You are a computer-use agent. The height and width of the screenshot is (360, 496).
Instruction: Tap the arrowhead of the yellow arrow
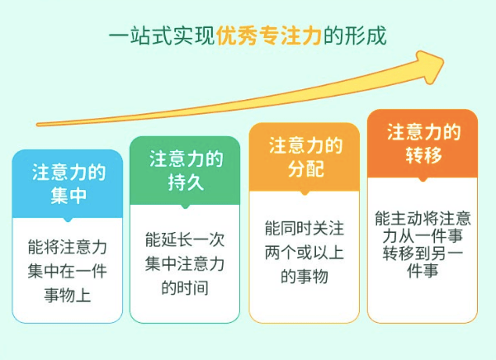[431, 67]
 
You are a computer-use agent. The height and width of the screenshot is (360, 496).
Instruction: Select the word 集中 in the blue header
[68, 196]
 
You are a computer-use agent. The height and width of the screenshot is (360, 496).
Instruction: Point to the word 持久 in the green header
[186, 182]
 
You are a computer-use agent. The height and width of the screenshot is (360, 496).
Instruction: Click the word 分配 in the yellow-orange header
[305, 168]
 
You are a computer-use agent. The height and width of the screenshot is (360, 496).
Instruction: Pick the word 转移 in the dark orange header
[423, 155]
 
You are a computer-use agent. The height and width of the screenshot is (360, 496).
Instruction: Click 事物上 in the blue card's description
[68, 296]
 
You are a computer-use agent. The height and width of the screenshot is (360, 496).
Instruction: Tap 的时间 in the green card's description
[185, 287]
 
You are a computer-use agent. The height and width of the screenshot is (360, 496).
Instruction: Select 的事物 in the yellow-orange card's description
[305, 276]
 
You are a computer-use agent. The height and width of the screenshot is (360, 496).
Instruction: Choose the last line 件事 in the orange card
[423, 271]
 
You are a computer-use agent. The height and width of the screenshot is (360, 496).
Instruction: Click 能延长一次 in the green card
[185, 239]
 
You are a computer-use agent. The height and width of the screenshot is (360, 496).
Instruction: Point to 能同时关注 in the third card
[305, 228]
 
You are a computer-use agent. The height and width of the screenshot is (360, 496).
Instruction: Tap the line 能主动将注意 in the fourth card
[423, 219]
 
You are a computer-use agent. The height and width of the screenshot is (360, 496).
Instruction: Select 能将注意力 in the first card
[68, 247]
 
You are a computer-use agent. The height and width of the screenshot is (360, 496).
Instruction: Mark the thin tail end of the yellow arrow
[38, 125]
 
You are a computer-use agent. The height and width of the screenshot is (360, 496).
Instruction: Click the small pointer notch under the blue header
[68, 220]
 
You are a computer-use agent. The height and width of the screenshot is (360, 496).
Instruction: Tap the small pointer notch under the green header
[186, 206]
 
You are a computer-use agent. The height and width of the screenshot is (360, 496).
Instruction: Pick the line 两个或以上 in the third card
[305, 252]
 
